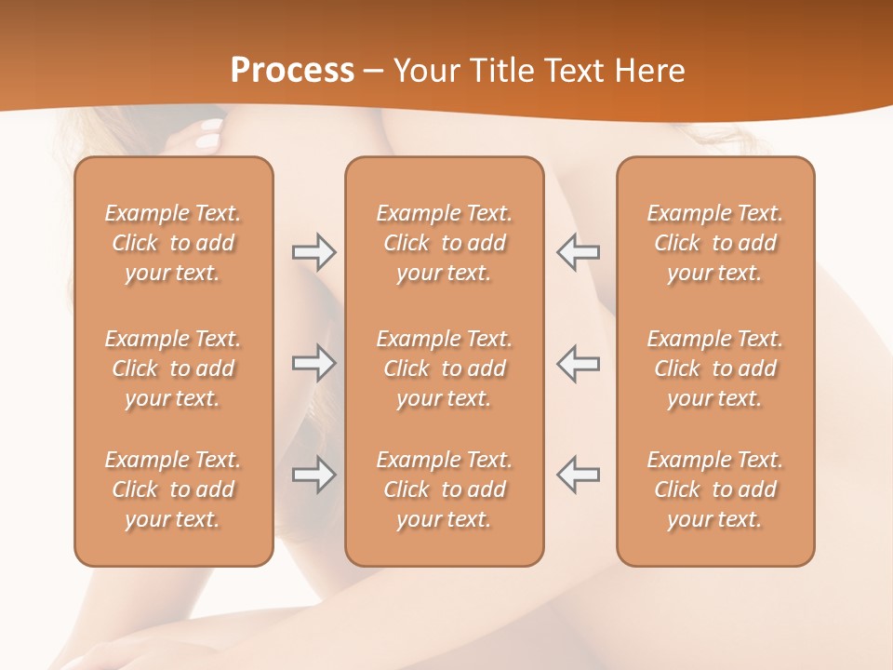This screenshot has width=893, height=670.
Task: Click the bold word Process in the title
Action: (292, 71)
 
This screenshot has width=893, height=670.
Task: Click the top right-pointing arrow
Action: (313, 252)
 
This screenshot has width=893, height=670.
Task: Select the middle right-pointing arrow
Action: (313, 363)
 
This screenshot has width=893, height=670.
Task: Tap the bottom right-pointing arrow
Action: (313, 475)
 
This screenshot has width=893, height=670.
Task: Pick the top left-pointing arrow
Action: (578, 252)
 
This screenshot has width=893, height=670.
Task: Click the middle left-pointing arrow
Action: (578, 363)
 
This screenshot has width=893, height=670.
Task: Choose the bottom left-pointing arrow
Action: (578, 475)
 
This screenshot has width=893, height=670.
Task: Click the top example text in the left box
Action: (173, 243)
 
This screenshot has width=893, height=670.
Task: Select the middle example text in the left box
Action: (173, 368)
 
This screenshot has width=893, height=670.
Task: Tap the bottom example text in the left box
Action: (173, 489)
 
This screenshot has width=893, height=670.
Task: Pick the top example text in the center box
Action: (444, 243)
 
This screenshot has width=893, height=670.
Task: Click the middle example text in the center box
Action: (444, 368)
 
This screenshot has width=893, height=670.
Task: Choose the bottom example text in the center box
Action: (444, 489)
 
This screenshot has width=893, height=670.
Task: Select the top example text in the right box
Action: (715, 243)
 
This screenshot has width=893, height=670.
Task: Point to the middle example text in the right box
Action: (715, 368)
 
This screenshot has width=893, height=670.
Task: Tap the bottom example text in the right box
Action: (715, 489)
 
